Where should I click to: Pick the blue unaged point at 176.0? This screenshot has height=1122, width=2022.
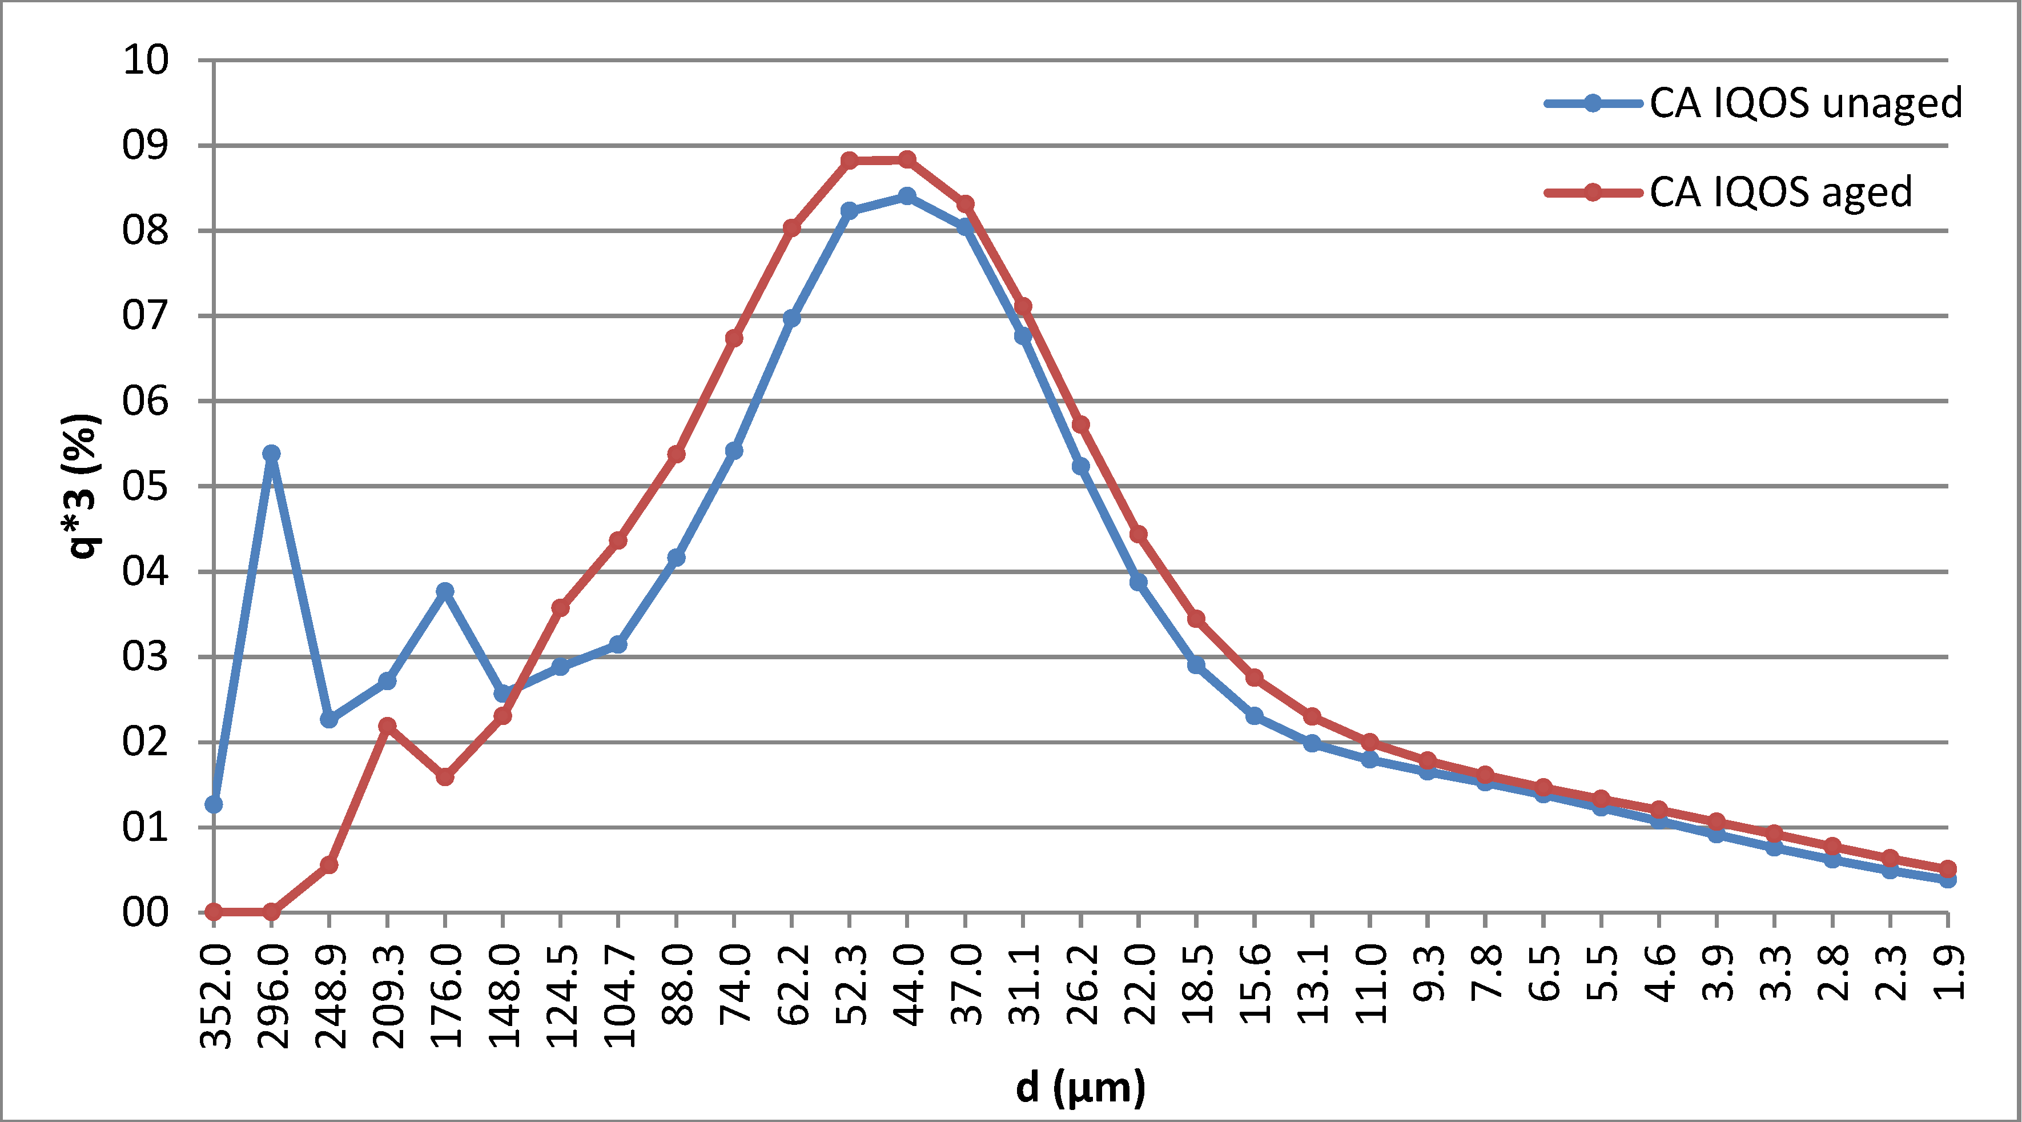445,591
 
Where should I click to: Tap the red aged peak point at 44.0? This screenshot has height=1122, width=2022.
907,159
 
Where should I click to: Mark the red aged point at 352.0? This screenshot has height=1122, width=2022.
214,912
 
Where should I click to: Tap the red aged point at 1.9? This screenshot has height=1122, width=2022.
1947,869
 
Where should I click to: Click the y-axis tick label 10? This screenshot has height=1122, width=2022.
145,61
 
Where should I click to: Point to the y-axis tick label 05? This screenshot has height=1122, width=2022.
145,487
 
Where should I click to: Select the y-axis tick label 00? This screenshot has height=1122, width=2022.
145,913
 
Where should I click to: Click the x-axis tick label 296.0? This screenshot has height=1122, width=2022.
273,996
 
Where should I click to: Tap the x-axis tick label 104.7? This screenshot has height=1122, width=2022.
620,996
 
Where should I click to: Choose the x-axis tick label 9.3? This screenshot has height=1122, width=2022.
1429,973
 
